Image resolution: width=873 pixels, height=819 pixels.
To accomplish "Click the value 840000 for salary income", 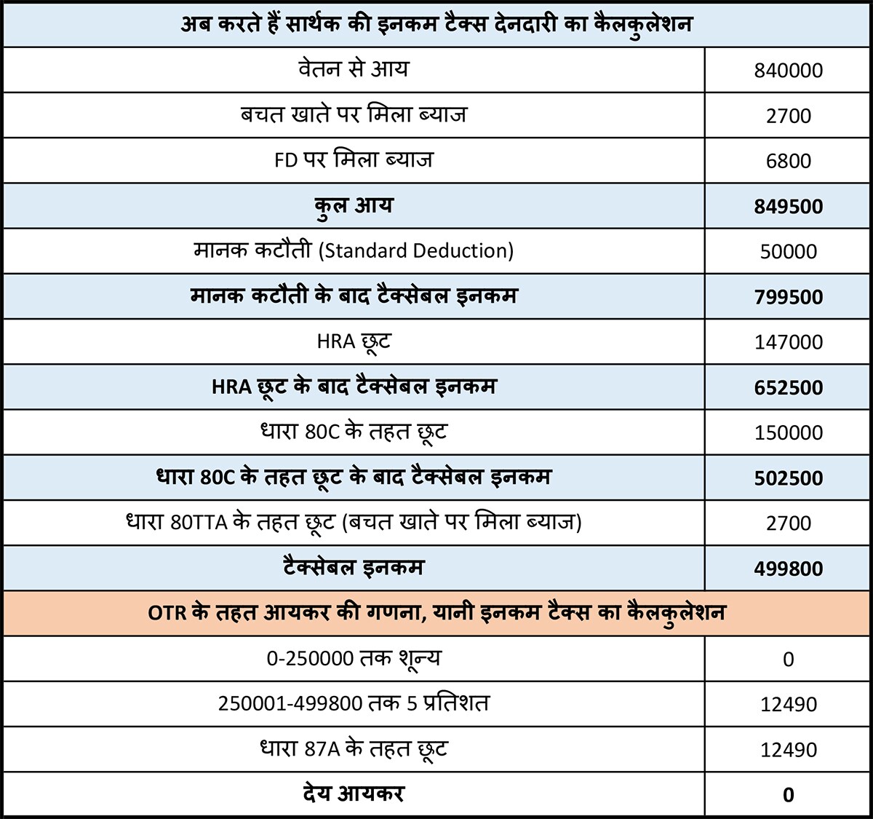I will click(x=789, y=71).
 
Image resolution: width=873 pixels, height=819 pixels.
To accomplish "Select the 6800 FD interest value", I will click(x=789, y=161).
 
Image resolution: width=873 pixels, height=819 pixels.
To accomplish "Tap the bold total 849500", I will click(x=789, y=207).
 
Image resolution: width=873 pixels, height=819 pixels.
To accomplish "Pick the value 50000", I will click(x=789, y=252).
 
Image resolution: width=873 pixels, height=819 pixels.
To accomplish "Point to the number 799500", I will click(x=789, y=297).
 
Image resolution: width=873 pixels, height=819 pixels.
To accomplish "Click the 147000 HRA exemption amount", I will click(x=789, y=342).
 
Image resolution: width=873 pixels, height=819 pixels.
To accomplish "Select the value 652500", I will click(x=789, y=387).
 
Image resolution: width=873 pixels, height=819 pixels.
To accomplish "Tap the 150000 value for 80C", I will click(x=789, y=432).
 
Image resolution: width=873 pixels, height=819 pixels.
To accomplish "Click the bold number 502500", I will click(x=789, y=478).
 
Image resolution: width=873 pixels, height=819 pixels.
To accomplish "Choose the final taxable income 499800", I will click(x=789, y=569).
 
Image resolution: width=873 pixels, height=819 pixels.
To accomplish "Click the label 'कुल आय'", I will click(x=354, y=206).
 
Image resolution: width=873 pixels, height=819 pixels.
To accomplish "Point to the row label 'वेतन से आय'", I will click(x=354, y=70).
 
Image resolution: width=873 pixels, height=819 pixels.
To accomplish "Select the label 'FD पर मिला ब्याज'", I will click(x=354, y=160).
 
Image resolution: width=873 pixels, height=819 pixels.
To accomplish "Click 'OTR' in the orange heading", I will click(x=167, y=613).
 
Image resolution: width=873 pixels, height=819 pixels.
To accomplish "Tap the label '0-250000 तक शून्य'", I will click(x=354, y=659).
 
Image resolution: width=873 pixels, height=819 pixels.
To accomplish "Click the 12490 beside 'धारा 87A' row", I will click(x=789, y=750).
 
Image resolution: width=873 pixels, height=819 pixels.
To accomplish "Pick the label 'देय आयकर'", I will click(x=354, y=794).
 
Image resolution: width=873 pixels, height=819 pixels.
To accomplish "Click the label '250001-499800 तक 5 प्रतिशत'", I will click(x=354, y=704).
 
